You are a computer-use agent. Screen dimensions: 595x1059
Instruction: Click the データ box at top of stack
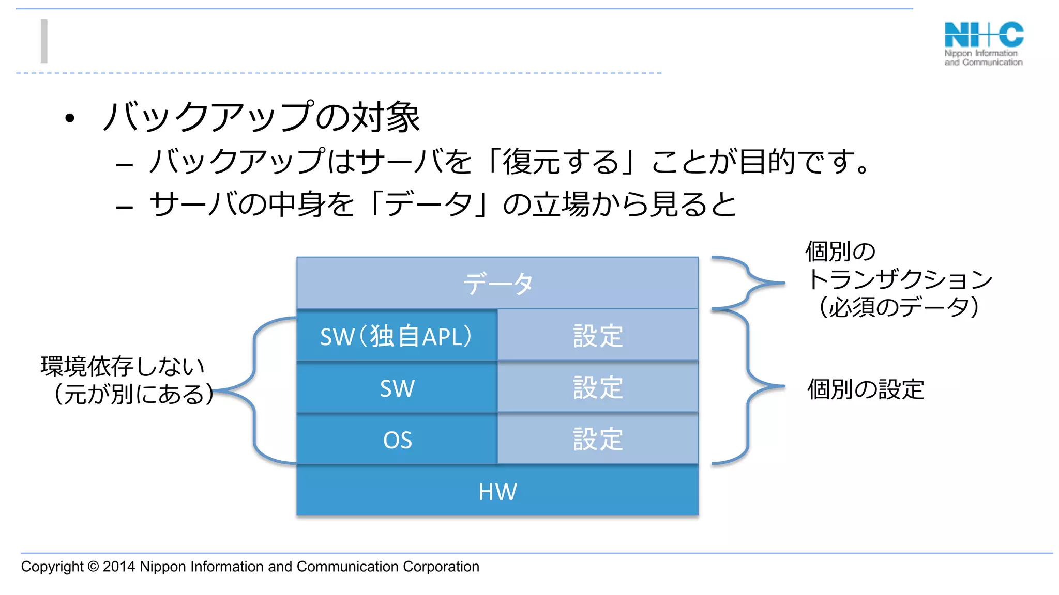point(497,283)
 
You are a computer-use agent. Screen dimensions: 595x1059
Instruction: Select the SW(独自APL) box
point(397,336)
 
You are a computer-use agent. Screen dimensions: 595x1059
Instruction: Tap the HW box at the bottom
point(497,491)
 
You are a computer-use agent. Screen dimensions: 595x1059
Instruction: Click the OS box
point(397,440)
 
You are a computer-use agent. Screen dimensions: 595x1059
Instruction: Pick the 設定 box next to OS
point(598,440)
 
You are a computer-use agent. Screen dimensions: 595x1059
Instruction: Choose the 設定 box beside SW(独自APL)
point(598,336)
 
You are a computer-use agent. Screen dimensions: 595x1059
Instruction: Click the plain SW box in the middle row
point(397,388)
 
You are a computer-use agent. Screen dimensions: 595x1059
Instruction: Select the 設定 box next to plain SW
point(598,388)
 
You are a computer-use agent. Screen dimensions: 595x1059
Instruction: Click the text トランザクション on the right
point(900,279)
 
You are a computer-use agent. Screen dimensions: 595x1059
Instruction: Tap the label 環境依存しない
point(123,366)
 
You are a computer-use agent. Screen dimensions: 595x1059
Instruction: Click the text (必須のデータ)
point(899,307)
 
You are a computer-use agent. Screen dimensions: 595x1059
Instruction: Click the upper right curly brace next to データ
point(748,283)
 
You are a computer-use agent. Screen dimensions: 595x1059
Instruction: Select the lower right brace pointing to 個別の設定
point(749,386)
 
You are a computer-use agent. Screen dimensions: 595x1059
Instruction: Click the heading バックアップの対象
point(261,117)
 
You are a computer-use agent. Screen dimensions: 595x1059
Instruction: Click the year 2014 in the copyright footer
point(119,567)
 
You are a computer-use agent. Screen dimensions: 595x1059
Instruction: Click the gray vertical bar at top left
point(44,41)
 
